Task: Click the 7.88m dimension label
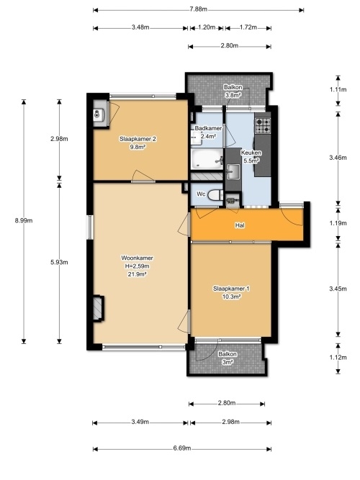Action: pos(198,9)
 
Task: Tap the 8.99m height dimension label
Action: pos(24,220)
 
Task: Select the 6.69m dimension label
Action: pos(182,448)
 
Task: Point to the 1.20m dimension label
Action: pos(207,27)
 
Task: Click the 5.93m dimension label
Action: pos(59,263)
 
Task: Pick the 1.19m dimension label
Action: pos(338,223)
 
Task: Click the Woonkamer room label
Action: pos(138,258)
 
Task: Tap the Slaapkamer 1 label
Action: pos(231,289)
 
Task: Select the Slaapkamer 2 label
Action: pos(138,140)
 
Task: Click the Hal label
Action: pos(240,225)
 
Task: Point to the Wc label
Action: pos(201,194)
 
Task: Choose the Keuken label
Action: pos(251,153)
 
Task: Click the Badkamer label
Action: pos(208,128)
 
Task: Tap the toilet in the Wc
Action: pos(215,195)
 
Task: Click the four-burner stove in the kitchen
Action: pos(264,126)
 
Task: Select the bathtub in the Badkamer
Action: pos(207,159)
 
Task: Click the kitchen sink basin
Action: pos(233,171)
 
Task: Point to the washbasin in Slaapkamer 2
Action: pos(99,115)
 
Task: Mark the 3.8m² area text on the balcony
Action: pos(233,95)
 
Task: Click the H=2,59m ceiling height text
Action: pos(138,266)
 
